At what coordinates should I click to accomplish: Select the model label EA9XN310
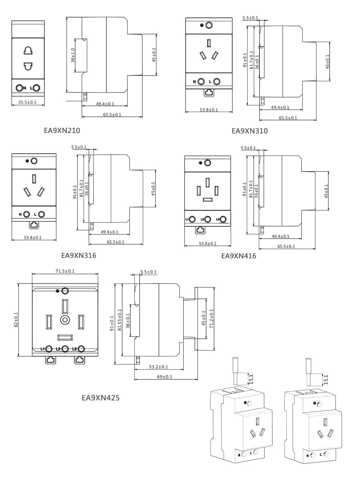(x=250, y=131)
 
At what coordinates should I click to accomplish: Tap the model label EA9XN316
(x=78, y=255)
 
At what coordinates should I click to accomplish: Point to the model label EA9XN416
(x=239, y=256)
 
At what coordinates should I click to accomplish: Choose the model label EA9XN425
(x=100, y=398)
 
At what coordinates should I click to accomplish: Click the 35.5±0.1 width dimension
(x=27, y=102)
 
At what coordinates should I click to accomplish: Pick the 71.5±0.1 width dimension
(x=65, y=271)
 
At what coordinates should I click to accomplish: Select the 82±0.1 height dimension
(x=16, y=320)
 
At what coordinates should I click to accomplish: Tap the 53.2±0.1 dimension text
(x=158, y=367)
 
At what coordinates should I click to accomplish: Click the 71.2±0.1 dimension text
(x=211, y=319)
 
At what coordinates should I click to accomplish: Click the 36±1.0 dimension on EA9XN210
(x=73, y=55)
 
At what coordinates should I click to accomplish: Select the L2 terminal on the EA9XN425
(x=65, y=349)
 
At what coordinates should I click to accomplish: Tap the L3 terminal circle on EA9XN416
(x=223, y=219)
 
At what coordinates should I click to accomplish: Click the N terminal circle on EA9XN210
(x=19, y=88)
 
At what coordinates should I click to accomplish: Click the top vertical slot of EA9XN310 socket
(x=209, y=43)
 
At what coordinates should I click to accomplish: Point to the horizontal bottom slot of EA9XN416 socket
(x=208, y=200)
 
